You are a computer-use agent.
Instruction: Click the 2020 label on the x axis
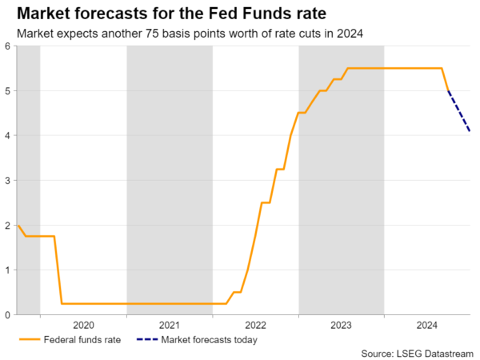(83, 326)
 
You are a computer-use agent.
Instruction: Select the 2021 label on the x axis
(169, 326)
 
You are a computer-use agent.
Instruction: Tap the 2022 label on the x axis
(255, 326)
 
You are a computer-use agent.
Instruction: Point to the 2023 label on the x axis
(341, 326)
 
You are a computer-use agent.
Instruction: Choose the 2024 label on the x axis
(427, 326)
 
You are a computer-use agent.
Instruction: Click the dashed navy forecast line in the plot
(458, 111)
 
